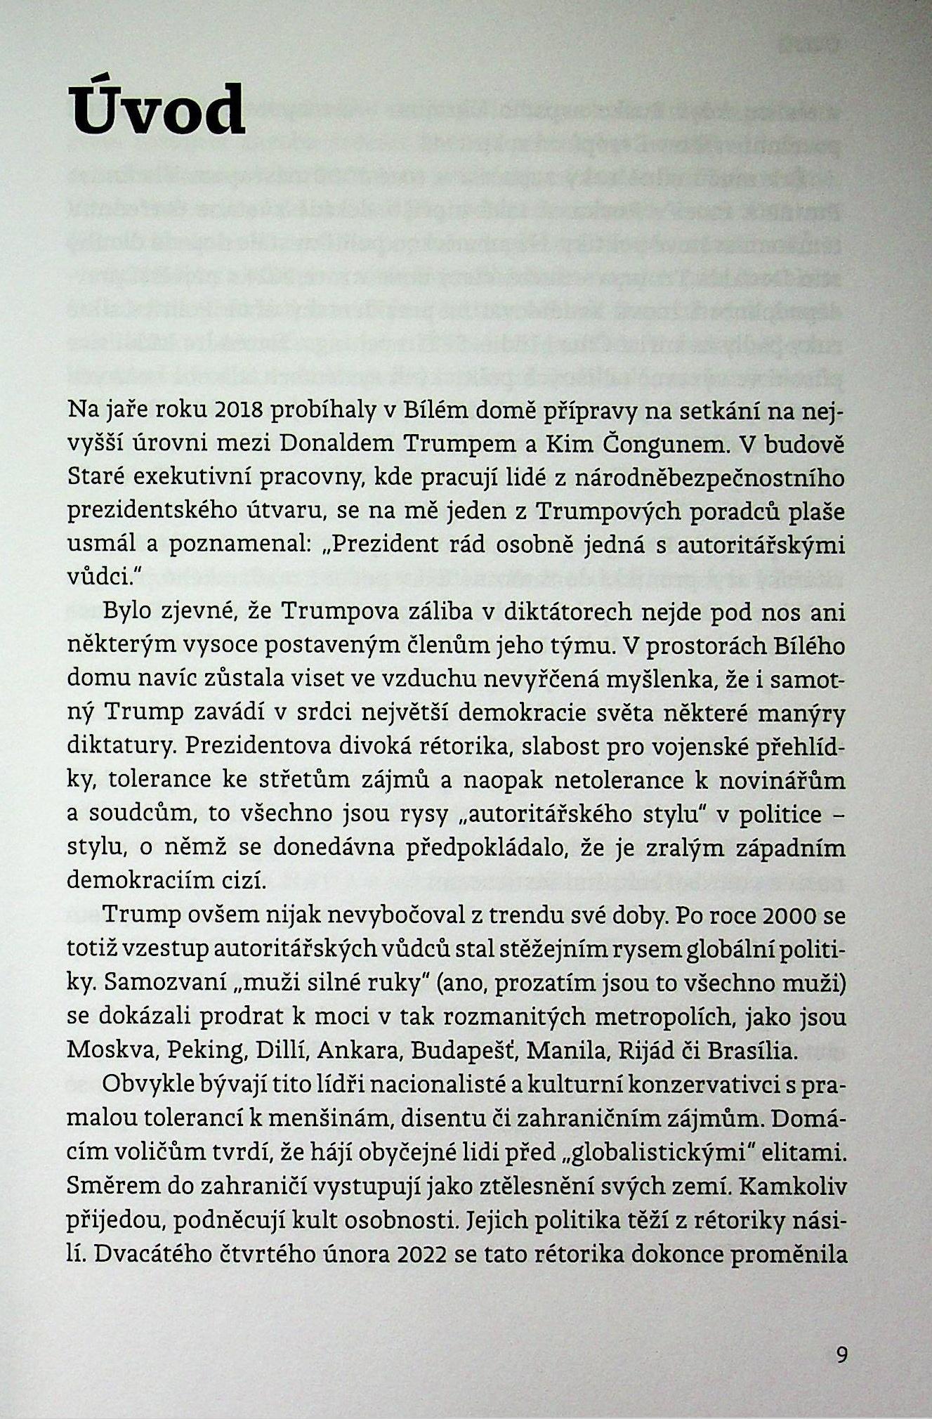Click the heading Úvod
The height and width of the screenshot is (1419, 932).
point(157,110)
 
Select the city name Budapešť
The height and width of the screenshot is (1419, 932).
point(464,1052)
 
